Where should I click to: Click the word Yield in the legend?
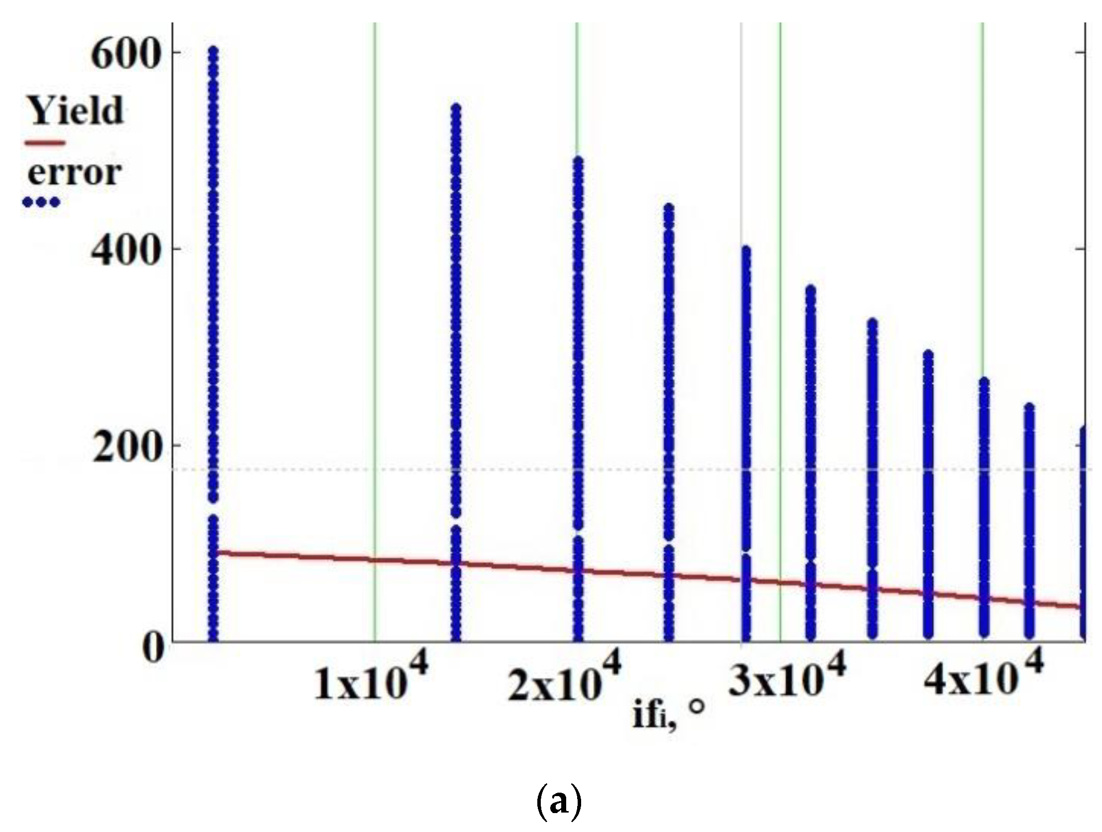click(75, 110)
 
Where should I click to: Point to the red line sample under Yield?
click(45, 143)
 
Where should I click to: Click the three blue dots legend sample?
click(41, 202)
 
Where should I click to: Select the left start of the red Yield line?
click(215, 552)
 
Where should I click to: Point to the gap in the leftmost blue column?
click(213, 509)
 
